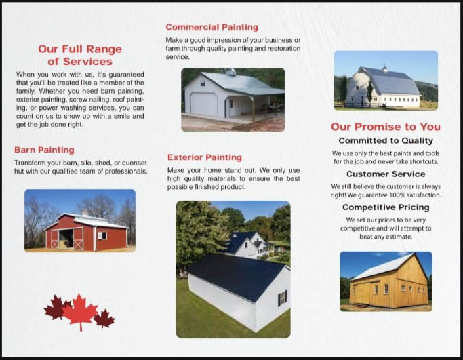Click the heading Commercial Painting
click(212, 27)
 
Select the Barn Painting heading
click(44, 150)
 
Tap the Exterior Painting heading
click(205, 157)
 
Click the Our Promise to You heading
click(386, 127)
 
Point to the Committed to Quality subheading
click(386, 140)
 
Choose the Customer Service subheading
click(386, 174)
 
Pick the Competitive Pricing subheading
click(386, 207)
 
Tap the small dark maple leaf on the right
click(104, 319)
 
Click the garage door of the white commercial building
click(204, 104)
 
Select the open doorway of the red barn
click(66, 239)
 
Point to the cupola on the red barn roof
click(85, 212)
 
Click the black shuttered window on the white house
click(282, 298)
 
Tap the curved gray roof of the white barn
click(390, 82)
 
